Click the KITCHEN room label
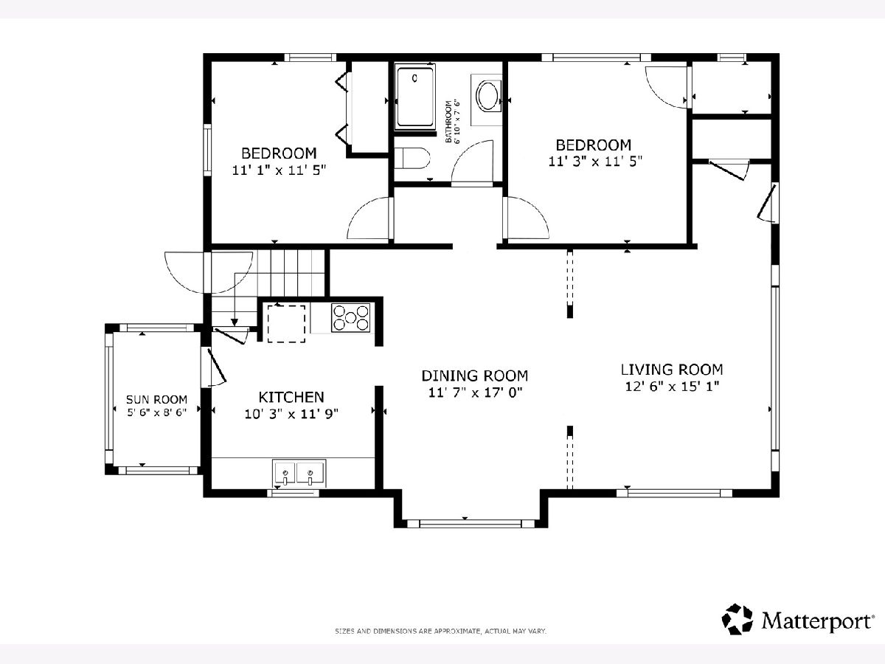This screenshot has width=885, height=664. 291,397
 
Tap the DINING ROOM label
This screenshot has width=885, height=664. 474,376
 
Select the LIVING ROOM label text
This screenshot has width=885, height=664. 672,370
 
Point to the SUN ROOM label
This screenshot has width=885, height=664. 156,400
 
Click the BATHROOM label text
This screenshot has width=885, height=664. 448,121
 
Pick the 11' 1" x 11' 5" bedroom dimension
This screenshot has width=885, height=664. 279,170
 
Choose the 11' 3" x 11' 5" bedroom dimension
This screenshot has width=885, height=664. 595,162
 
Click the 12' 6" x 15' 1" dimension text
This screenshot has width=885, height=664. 672,387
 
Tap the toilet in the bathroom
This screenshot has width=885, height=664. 412,158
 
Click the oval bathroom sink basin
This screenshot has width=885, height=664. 488,96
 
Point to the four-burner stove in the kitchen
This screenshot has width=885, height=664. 351,318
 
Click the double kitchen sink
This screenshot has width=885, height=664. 299,472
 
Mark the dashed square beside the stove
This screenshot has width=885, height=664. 286,324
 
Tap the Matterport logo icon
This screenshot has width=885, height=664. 737,619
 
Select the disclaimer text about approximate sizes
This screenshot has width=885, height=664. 441,631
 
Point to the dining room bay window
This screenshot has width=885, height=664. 471,524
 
